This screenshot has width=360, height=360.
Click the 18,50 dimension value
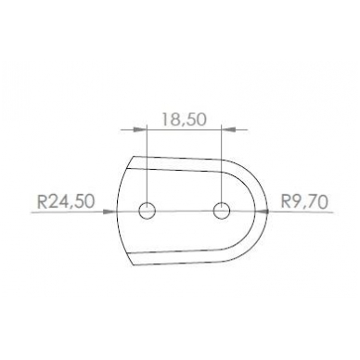(184, 120)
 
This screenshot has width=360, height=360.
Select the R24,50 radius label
(65, 201)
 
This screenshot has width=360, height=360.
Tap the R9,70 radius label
(304, 201)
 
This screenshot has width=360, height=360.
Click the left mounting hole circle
(147, 212)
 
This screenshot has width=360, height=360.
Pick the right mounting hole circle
(222, 212)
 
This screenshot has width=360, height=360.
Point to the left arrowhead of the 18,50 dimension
(140, 129)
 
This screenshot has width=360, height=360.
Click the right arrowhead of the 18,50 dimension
(229, 129)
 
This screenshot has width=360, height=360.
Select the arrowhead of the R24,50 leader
(109, 212)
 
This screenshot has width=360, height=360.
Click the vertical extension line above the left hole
(147, 165)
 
